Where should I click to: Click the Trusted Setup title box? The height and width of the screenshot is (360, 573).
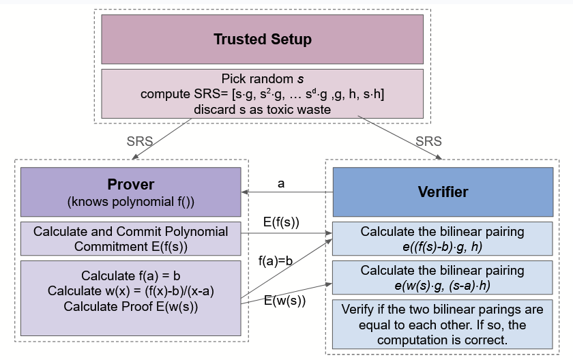click(x=263, y=40)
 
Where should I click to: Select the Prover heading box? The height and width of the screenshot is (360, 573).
click(x=130, y=192)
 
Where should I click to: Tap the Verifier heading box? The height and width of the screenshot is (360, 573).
click(x=443, y=192)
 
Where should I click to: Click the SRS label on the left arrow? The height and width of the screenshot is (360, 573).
click(x=140, y=142)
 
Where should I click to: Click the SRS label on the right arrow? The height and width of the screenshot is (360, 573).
click(x=428, y=142)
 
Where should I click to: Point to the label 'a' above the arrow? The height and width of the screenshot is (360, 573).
click(x=281, y=183)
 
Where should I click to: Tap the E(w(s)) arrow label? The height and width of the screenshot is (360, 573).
click(x=284, y=300)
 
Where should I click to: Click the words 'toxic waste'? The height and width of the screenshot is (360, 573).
click(x=297, y=109)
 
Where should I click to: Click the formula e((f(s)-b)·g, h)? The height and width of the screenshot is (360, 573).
click(x=442, y=246)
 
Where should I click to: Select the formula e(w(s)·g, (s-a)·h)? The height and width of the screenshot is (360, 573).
click(x=442, y=284)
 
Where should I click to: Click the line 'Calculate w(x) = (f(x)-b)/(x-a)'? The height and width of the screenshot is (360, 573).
click(x=130, y=291)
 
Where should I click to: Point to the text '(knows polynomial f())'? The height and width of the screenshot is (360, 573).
click(x=130, y=202)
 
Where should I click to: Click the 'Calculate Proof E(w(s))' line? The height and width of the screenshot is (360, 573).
click(x=130, y=306)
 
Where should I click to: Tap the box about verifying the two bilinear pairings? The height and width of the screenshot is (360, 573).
click(x=442, y=324)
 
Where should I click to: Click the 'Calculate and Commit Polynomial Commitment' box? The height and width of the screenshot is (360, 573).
click(x=130, y=238)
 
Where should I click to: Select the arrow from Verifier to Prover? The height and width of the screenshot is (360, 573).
click(x=286, y=193)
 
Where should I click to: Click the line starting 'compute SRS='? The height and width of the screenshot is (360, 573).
click(x=263, y=94)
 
